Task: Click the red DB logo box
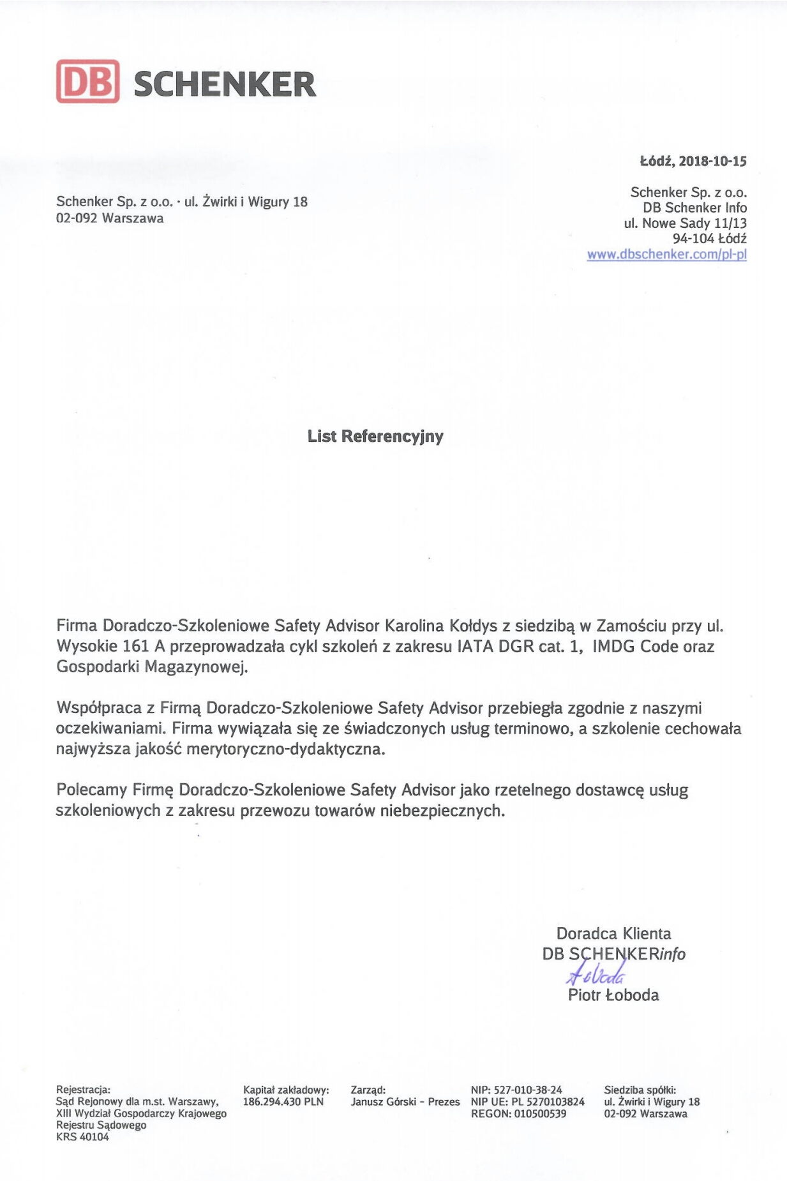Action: (87, 82)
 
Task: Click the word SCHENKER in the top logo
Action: (225, 84)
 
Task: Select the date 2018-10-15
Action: (712, 161)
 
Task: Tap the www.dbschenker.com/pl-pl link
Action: (666, 254)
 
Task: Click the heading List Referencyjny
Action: (375, 436)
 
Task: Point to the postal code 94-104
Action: (693, 239)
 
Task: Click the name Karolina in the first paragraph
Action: (414, 626)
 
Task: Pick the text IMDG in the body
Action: (613, 646)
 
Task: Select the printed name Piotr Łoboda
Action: (613, 995)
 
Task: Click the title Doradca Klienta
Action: (613, 933)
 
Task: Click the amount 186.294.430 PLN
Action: (283, 1102)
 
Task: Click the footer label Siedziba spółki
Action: (640, 1090)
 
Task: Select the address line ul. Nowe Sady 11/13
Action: (685, 223)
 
